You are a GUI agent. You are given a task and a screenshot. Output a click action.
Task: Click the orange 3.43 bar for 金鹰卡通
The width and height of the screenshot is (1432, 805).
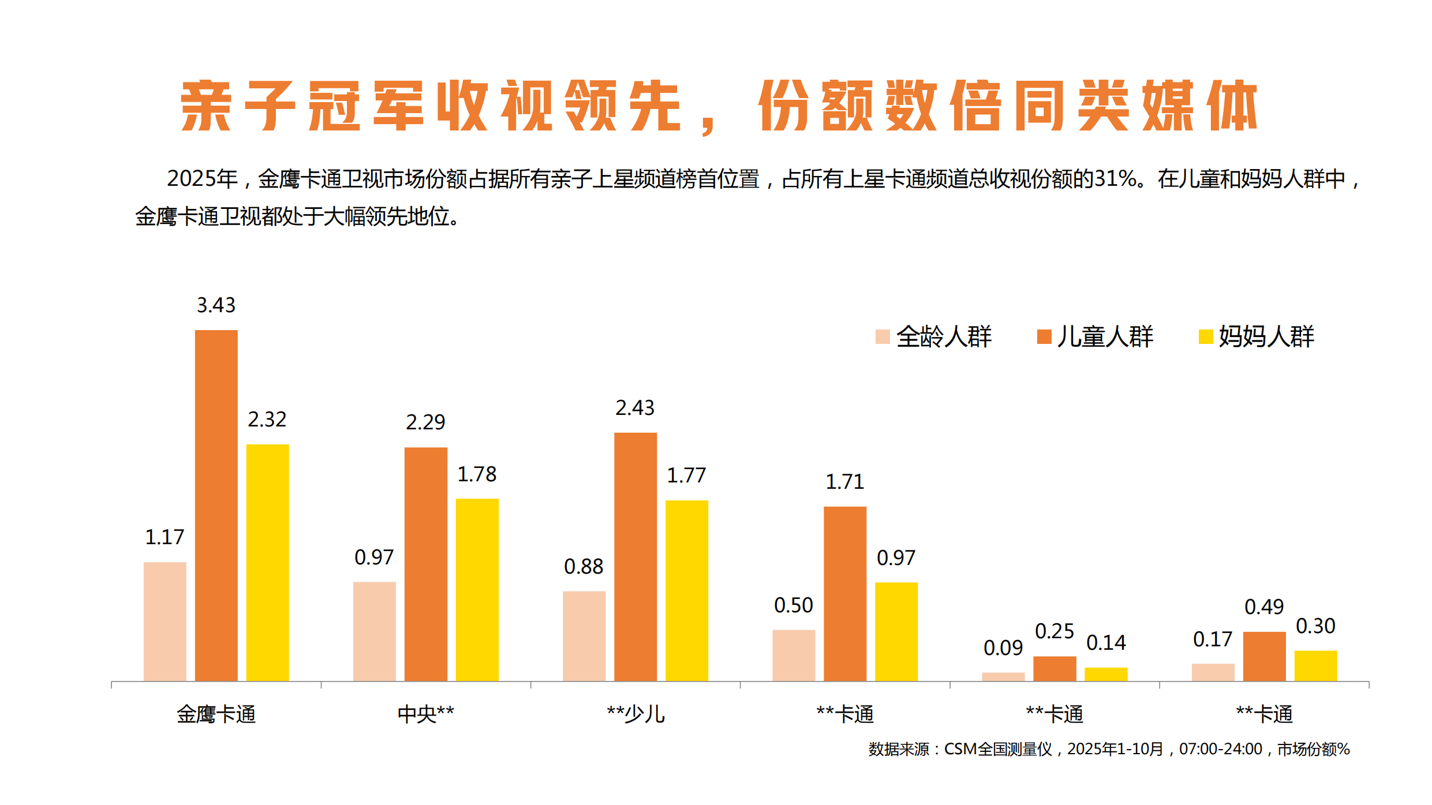tap(216, 505)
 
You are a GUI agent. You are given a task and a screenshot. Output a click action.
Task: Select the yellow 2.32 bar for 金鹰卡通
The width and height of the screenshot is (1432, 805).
tap(267, 563)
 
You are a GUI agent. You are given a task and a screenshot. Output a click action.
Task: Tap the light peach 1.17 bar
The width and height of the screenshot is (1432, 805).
tap(164, 621)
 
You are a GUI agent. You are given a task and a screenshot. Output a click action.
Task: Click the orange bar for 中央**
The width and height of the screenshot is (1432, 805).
tap(425, 564)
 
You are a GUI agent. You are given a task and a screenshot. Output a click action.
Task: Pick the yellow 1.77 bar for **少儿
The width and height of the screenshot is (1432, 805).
tap(686, 590)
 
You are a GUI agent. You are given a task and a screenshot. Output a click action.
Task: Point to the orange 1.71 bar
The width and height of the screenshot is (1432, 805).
tap(844, 593)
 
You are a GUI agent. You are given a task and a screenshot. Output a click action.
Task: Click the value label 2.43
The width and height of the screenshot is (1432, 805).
tap(634, 408)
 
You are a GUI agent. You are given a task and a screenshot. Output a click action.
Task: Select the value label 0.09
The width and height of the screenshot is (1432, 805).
tap(1003, 647)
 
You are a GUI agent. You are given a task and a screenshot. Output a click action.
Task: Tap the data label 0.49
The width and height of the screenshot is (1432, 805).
tap(1263, 607)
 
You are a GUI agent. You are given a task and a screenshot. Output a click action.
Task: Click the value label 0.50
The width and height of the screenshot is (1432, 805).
tap(793, 605)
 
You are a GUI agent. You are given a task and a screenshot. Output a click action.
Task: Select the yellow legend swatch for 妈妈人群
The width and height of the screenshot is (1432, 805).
tap(1205, 336)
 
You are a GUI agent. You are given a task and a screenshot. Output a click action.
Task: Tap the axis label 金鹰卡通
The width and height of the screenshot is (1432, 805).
tap(216, 714)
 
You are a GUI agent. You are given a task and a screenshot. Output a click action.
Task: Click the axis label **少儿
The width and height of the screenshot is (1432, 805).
tap(635, 714)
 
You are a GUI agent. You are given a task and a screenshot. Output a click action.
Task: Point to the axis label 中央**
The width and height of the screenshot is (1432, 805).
tap(425, 714)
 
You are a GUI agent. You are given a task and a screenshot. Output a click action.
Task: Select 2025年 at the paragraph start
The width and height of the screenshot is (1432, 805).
tap(202, 179)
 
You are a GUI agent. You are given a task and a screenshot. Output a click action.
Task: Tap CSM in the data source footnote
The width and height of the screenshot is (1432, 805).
tap(960, 749)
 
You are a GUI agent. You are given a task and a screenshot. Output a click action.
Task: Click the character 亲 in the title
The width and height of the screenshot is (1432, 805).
tap(206, 106)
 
